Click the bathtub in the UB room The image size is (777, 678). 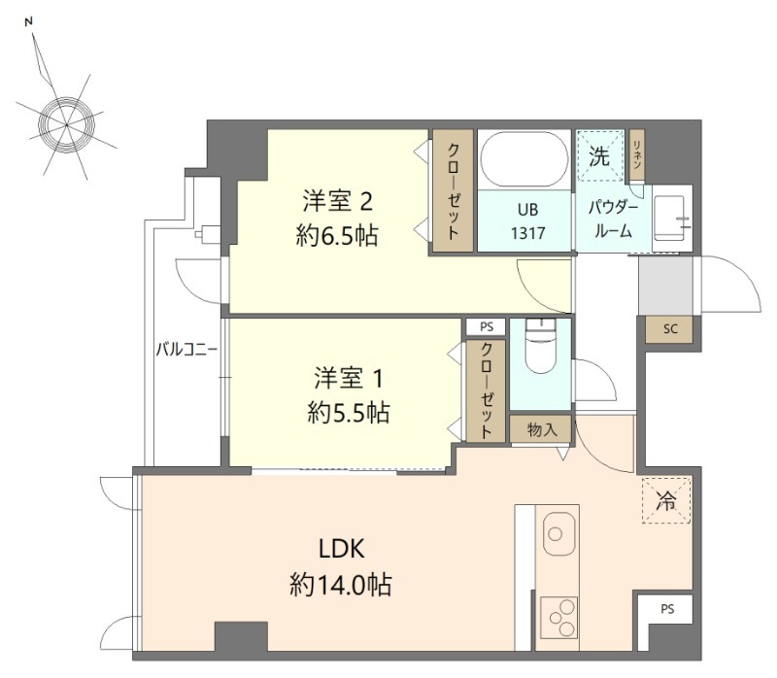click(x=524, y=159)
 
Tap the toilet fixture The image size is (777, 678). click(x=541, y=346)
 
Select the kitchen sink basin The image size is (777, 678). click(x=559, y=534)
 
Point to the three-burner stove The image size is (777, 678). click(x=559, y=618)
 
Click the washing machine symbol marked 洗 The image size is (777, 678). click(x=599, y=155)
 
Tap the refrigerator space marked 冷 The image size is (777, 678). click(x=666, y=500)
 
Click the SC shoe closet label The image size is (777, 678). click(x=670, y=328)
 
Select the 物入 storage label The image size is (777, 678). click(x=542, y=429)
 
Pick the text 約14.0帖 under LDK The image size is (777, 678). click(x=341, y=585)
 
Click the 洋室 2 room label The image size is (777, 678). click(x=337, y=201)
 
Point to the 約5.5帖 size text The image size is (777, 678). click(x=349, y=412)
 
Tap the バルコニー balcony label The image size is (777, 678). click(x=186, y=350)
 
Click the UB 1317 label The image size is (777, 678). click(x=527, y=221)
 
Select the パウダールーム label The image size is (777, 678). click(x=613, y=220)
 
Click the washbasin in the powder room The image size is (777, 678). click(x=669, y=218)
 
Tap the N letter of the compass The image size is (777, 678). click(x=29, y=21)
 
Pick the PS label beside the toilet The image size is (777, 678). click(x=487, y=326)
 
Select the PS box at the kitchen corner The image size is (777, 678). click(x=665, y=608)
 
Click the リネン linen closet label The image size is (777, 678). click(x=637, y=154)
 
